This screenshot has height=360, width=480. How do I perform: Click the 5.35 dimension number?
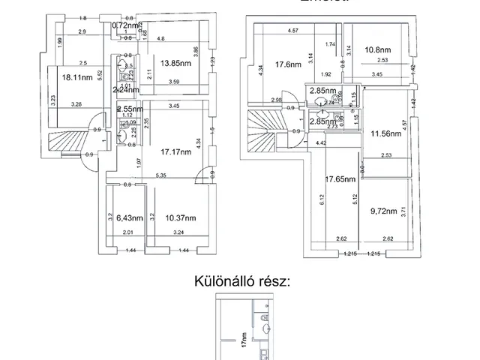click(160, 175)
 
